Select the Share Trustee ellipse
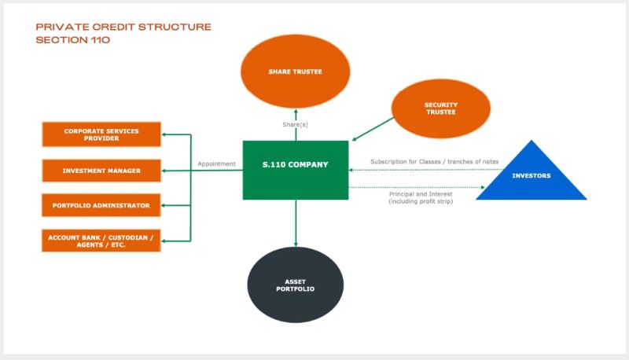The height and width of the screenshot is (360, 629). point(295,72)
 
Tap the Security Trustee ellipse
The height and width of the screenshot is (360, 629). point(440,109)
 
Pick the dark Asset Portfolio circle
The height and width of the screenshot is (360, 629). point(296,285)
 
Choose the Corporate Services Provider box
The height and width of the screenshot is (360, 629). point(101,134)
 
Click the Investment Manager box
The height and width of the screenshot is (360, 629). point(101,170)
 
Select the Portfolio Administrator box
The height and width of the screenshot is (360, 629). point(101,205)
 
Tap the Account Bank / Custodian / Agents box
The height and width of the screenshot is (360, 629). point(101,241)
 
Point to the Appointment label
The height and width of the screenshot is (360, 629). point(216,164)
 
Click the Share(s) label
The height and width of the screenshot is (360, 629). point(296,125)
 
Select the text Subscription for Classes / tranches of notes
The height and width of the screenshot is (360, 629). point(434,162)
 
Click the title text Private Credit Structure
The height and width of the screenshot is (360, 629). point(123,27)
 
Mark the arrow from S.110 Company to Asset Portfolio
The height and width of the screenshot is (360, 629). point(296,223)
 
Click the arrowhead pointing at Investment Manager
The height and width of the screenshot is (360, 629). point(165,170)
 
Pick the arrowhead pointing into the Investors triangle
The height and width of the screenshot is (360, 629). point(481,187)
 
